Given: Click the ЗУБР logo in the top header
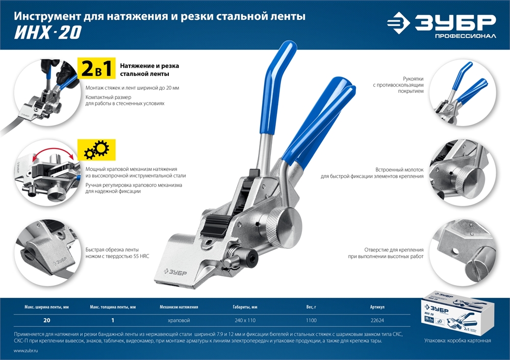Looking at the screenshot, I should pyautogui.click(x=441, y=24).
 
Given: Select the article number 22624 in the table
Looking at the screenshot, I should pyautogui.click(x=377, y=321).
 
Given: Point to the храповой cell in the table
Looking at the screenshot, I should pyautogui.click(x=178, y=321).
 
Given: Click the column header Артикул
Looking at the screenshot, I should pyautogui.click(x=377, y=307).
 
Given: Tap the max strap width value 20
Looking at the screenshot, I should pyautogui.click(x=46, y=321).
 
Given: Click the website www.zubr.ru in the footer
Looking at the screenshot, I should pyautogui.click(x=27, y=351).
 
